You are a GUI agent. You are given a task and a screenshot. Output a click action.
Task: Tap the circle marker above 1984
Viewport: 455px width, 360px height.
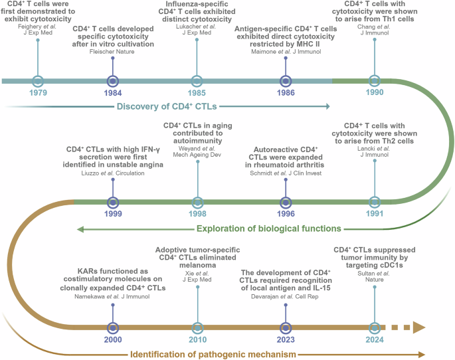113,81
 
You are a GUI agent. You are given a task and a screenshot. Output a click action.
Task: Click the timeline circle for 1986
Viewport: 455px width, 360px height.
286,81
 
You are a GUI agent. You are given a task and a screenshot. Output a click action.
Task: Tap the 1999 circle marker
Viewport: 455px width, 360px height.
113,201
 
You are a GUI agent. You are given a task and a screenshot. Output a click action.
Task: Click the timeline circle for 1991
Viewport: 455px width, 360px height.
375,201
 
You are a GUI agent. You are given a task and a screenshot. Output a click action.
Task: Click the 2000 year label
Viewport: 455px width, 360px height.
113,339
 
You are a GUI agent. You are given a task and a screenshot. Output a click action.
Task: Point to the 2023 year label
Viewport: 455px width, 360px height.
286,339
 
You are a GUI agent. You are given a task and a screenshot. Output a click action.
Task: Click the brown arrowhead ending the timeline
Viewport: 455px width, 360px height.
418,327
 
